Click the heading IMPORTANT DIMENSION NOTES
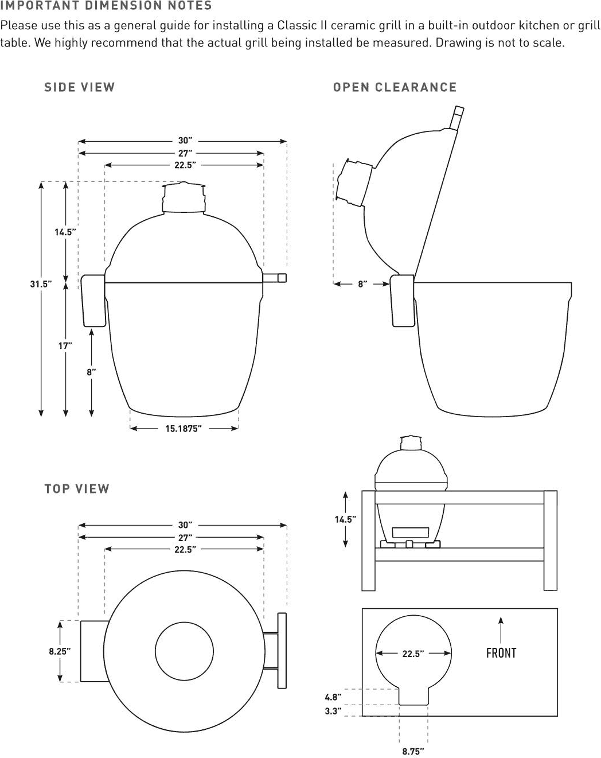click(x=106, y=6)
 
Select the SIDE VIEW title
click(x=80, y=87)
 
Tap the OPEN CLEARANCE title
click(x=395, y=87)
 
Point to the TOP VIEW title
click(x=77, y=489)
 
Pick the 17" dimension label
click(x=65, y=345)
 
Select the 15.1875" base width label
click(x=184, y=428)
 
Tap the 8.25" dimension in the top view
click(x=60, y=651)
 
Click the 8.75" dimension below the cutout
click(x=413, y=751)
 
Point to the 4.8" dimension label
click(x=333, y=697)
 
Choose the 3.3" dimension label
click(x=333, y=712)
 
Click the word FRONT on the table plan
click(x=501, y=653)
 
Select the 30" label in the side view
click(x=185, y=141)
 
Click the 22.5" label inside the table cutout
click(x=413, y=654)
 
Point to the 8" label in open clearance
click(x=362, y=283)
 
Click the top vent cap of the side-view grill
click(x=183, y=198)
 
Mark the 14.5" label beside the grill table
click(x=345, y=519)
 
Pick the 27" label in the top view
click(x=185, y=538)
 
